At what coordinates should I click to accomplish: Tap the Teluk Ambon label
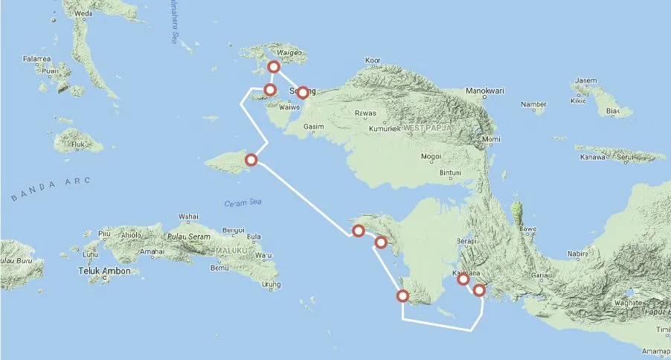[104, 271]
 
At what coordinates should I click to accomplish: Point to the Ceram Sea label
[240, 204]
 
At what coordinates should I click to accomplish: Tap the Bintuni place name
[452, 172]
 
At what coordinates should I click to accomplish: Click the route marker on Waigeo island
[274, 67]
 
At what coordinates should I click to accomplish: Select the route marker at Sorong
[302, 93]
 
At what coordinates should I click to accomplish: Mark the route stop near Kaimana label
[463, 280]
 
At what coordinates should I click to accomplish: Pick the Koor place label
[373, 62]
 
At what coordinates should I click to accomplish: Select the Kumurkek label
[385, 129]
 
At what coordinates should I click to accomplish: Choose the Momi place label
[492, 140]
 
